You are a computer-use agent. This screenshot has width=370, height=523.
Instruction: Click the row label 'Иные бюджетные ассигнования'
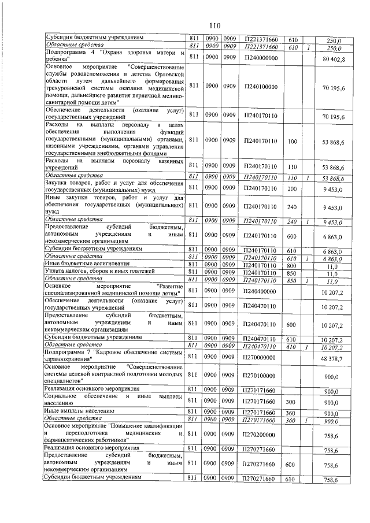pyautogui.click(x=84, y=264)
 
